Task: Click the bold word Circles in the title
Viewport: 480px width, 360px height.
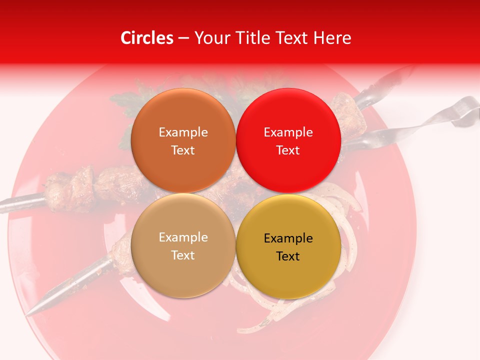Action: (147, 38)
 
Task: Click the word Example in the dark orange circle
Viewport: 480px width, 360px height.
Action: (183, 132)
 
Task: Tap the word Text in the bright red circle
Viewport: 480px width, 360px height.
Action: (288, 150)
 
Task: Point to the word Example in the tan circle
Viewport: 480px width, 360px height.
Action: (183, 237)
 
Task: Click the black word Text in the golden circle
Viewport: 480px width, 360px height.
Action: (288, 256)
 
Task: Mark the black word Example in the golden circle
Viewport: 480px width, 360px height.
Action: (288, 238)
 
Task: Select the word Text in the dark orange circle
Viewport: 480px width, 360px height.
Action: (183, 150)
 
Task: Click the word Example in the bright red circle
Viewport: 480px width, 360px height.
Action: (288, 132)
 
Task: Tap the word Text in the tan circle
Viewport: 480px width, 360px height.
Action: (183, 255)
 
